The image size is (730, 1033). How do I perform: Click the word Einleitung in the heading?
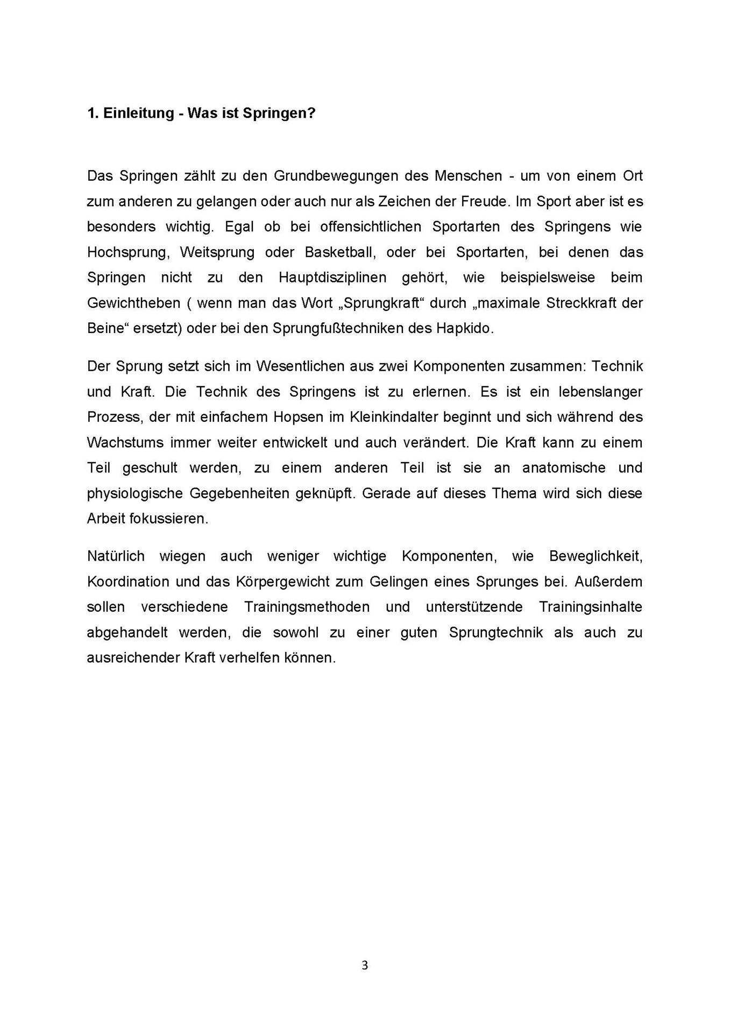[x=138, y=114]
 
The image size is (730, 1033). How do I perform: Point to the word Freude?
[x=483, y=202]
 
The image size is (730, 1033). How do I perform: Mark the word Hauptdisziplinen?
[x=332, y=278]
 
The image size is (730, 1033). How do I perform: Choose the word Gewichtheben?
[x=133, y=303]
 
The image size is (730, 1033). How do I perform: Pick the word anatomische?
[x=564, y=468]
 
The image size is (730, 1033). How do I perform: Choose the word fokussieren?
[x=168, y=519]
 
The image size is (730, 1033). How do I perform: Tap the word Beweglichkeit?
[x=596, y=556]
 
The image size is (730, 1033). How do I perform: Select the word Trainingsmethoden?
[x=307, y=607]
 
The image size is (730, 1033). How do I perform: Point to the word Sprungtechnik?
[x=495, y=633]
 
